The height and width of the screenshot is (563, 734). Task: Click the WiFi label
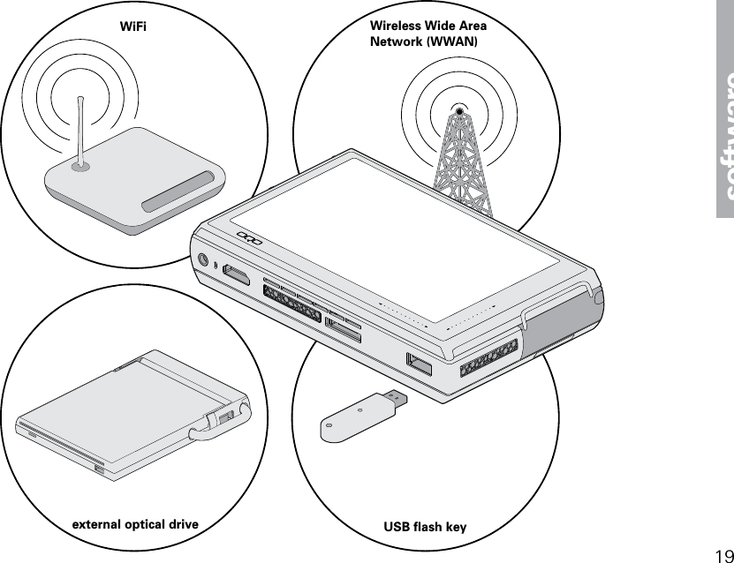point(132,26)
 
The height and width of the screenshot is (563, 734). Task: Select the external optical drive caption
point(134,525)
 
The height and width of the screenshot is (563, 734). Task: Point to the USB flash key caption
point(425,528)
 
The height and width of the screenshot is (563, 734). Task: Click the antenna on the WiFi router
point(80,132)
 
